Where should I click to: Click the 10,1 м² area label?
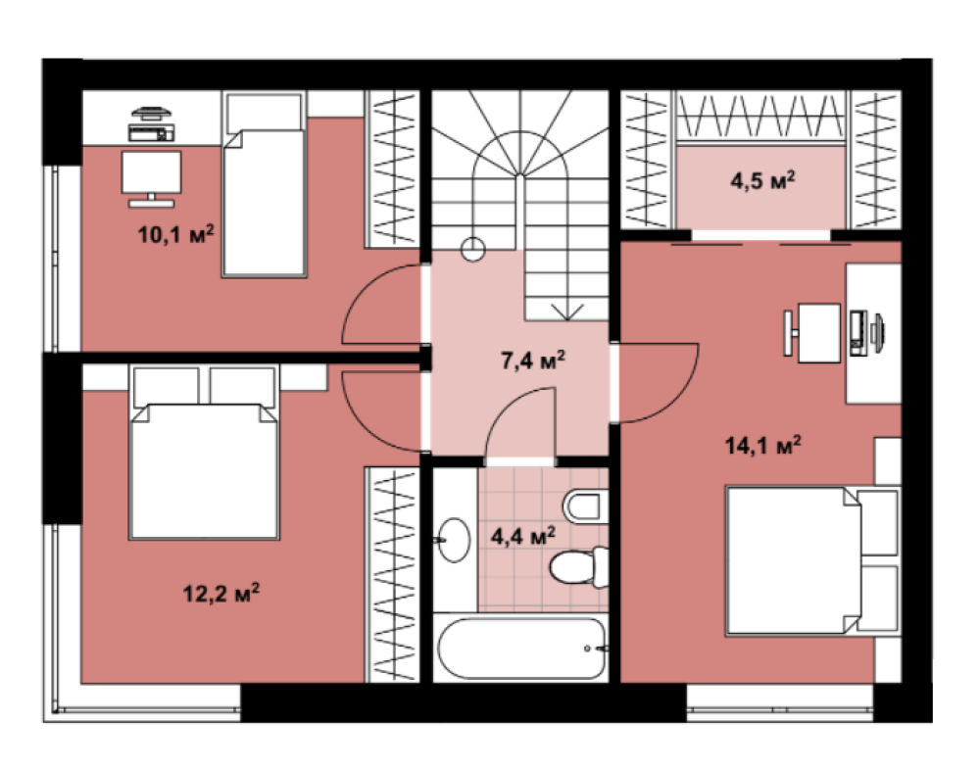coord(175,235)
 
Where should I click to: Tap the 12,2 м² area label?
coord(221,593)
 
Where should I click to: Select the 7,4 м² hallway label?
coord(533,360)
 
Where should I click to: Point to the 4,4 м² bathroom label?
coord(523,536)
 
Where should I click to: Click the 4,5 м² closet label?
coord(762,180)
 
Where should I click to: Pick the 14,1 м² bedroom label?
coord(763,446)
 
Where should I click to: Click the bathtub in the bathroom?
coord(522,649)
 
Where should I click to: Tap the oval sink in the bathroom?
coord(453,540)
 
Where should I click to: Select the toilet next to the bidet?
coord(579,566)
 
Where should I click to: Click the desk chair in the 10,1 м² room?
coord(151,178)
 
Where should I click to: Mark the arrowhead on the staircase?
coord(566,313)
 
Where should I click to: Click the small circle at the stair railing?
coord(473,250)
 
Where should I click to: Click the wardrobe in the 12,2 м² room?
coord(393,575)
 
